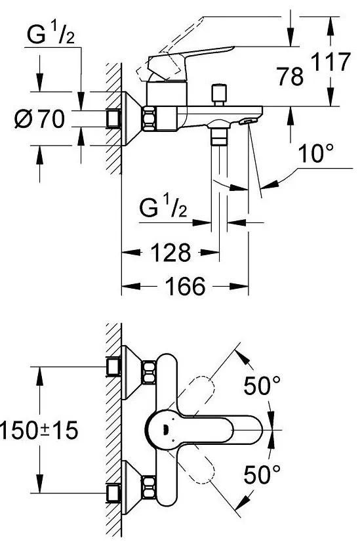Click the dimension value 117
330,62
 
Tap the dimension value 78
290,76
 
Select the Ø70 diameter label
40,119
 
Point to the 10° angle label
316,153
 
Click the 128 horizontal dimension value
170,253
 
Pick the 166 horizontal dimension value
185,286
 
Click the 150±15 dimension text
39,430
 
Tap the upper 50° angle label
262,386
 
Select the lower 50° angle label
262,474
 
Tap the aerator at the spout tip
248,121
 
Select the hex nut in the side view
150,119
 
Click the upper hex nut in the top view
150,371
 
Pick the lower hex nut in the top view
150,487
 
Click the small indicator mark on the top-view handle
165,430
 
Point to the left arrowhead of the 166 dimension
131,286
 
